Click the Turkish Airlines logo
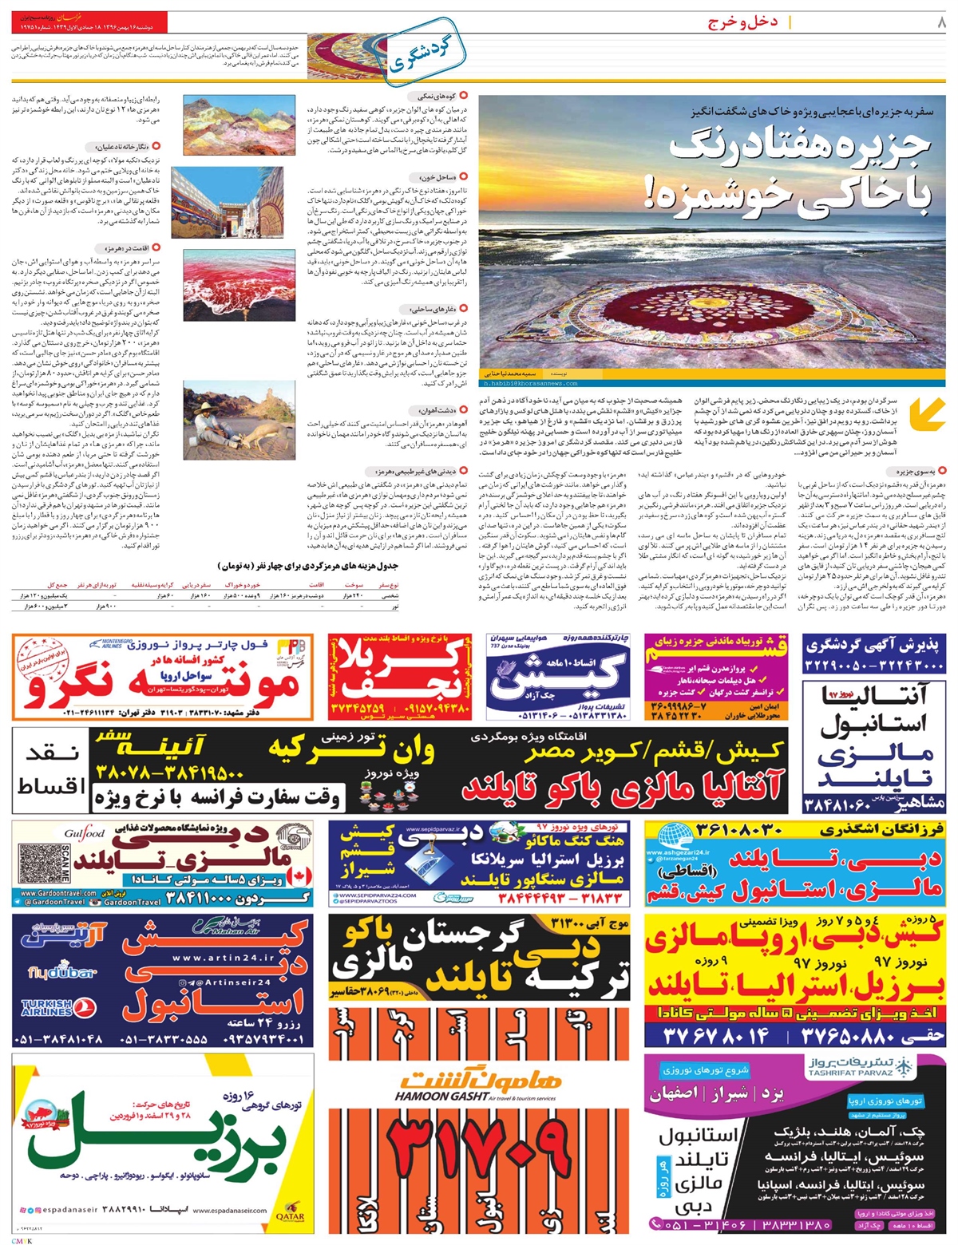click(54, 1009)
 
